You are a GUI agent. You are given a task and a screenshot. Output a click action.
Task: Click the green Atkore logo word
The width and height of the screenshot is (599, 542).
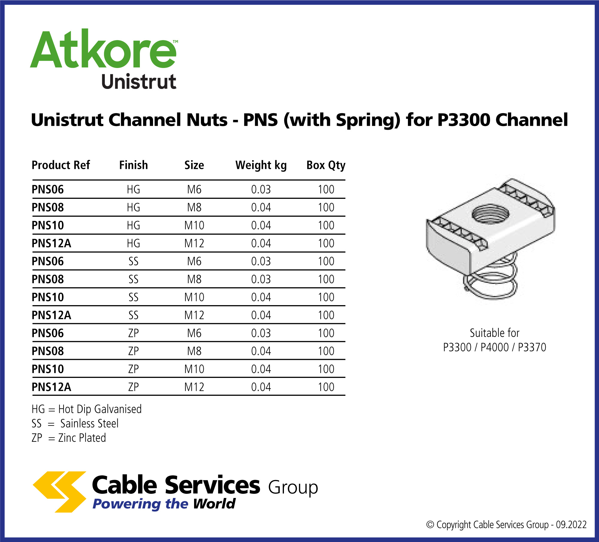[x=103, y=49]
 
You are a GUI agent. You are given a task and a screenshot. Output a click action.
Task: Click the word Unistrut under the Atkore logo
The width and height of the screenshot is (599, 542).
[x=139, y=82]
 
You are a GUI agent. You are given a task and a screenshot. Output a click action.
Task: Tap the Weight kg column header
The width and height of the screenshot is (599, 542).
[x=261, y=165]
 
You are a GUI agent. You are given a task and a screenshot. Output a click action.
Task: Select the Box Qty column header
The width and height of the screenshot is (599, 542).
[x=326, y=165]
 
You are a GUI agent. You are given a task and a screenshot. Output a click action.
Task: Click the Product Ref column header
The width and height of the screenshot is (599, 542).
[x=61, y=165]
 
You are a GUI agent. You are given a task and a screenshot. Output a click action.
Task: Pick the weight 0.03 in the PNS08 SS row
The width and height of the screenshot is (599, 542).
[x=261, y=279]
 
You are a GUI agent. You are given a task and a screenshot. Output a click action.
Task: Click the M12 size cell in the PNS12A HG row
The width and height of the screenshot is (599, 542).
[x=194, y=243]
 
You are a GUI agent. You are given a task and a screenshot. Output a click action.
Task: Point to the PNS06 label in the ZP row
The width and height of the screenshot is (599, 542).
[x=48, y=333]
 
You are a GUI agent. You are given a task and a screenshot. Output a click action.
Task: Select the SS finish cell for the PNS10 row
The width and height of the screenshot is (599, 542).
[x=133, y=297]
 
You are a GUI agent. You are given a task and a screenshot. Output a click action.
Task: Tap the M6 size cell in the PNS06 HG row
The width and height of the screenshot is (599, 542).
[x=194, y=190]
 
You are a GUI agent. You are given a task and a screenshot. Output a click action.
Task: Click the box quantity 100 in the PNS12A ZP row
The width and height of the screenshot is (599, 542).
[x=326, y=387]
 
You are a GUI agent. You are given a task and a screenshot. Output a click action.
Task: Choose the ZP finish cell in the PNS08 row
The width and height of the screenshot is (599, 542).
[x=133, y=351]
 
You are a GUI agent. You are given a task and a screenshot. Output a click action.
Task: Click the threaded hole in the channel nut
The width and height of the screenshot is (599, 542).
[x=490, y=214]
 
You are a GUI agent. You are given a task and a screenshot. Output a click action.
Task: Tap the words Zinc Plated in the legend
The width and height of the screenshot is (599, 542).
[x=82, y=438]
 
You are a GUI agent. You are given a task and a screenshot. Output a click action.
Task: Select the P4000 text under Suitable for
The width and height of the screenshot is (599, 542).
[x=494, y=347]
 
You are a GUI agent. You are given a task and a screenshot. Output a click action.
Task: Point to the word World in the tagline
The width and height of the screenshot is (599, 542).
[x=214, y=504]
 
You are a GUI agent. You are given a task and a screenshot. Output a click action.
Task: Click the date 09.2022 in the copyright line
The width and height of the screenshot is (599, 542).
[x=571, y=525]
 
